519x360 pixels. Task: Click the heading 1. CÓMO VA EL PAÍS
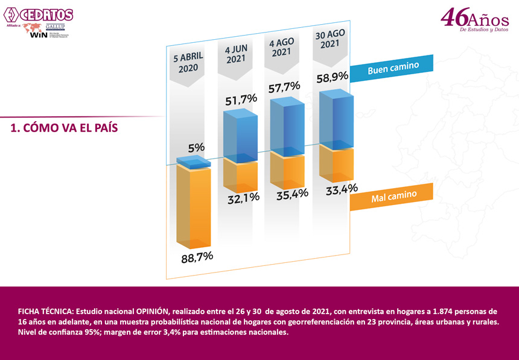click(64, 128)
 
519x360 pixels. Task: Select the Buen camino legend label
click(393, 66)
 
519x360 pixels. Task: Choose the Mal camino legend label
click(392, 197)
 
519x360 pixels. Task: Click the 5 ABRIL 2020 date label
click(188, 63)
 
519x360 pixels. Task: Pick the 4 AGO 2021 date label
click(282, 48)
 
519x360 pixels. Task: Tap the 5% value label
click(196, 147)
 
